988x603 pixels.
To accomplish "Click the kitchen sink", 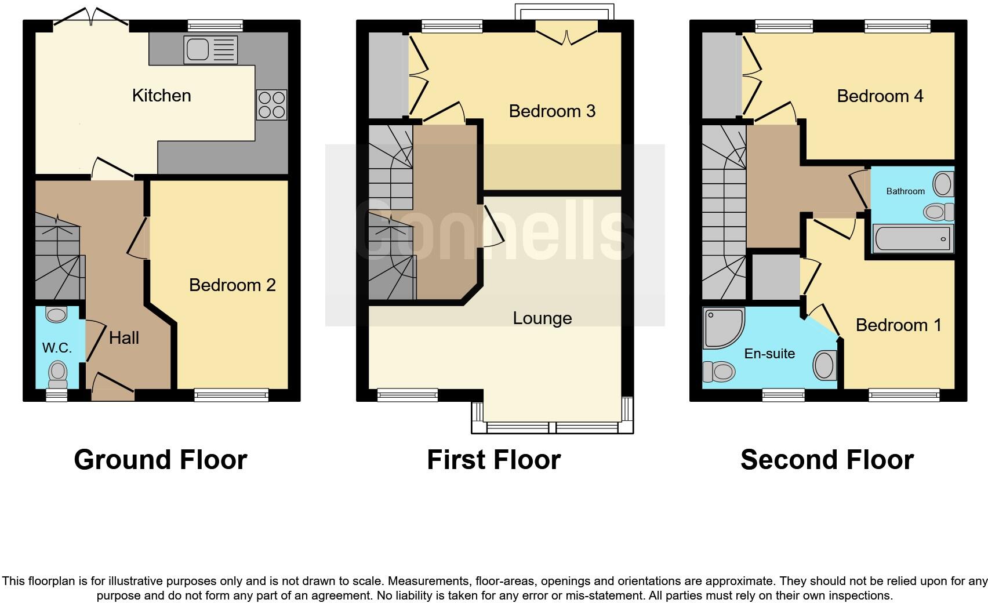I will click(x=210, y=49).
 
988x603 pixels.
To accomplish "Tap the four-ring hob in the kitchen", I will click(x=271, y=105).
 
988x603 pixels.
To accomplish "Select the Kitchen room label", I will click(x=161, y=96).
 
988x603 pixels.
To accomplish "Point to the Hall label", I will click(x=124, y=338).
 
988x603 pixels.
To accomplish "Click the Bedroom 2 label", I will click(x=232, y=285).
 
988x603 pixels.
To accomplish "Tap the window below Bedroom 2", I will click(x=231, y=395).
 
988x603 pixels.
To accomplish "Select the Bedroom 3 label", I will click(x=552, y=111).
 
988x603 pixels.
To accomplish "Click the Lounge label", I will click(x=542, y=318).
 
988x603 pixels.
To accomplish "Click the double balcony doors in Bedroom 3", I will click(x=566, y=32).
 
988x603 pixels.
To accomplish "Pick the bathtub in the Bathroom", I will click(x=912, y=239).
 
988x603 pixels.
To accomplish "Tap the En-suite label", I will click(x=769, y=354).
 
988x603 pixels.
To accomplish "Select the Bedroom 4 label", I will click(x=880, y=96).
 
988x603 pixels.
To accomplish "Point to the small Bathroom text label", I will click(x=905, y=191).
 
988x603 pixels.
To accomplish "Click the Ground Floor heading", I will click(x=161, y=460).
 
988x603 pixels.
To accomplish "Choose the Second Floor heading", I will click(x=827, y=460).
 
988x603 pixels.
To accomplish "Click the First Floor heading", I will click(x=493, y=460).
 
